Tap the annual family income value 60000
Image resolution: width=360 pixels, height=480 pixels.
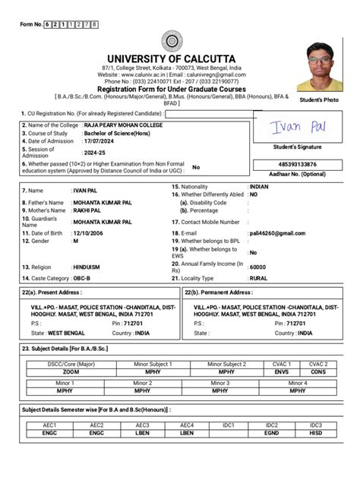pos(258,267)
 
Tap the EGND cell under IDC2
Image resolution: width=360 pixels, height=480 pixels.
pos(271,433)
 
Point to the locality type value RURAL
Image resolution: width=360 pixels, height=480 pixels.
pos(259,279)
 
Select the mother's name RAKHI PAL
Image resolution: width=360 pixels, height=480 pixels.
pos(87,210)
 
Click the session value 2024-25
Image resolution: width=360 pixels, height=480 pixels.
pos(96,152)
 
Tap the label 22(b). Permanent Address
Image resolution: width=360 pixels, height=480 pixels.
pos(219,292)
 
